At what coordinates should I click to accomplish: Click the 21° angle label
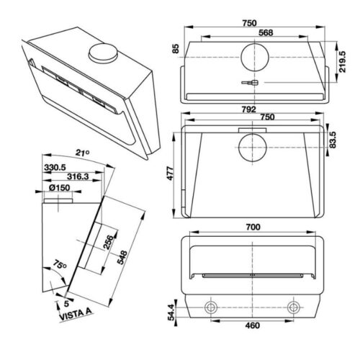82,153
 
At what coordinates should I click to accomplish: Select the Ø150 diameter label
59,188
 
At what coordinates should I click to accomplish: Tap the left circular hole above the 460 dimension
212,307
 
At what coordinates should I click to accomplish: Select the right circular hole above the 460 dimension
294,307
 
